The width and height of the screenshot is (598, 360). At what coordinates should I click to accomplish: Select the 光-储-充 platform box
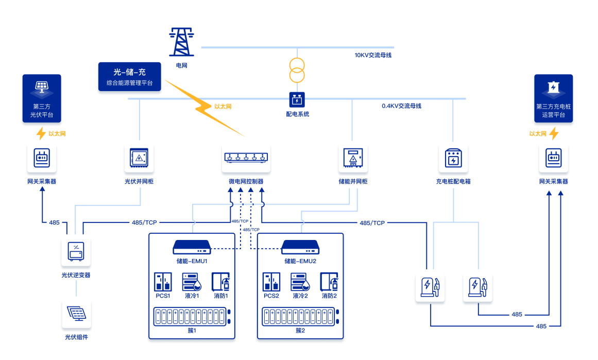tap(129, 77)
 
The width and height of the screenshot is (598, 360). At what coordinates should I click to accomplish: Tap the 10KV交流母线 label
tap(373, 55)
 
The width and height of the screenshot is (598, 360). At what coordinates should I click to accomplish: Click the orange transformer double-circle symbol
tap(297, 71)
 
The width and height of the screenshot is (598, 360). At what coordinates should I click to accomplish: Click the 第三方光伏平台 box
tap(42, 98)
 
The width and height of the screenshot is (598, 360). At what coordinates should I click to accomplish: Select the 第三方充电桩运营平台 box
tap(553, 98)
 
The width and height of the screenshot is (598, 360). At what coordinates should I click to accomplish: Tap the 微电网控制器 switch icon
tap(246, 158)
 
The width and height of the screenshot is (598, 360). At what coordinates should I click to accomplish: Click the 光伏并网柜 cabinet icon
tap(139, 158)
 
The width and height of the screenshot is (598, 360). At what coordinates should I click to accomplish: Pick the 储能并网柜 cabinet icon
tap(353, 158)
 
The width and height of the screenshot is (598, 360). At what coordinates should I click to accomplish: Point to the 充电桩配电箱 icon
tap(453, 158)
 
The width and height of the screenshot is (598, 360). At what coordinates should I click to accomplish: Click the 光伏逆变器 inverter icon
tap(76, 251)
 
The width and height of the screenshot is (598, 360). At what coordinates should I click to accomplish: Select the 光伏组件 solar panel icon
tap(76, 314)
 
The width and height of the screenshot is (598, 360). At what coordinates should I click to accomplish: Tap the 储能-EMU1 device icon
tap(192, 247)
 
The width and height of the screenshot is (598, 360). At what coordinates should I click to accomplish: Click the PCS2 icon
tap(271, 282)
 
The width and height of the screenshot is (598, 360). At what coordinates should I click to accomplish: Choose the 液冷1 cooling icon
tap(192, 282)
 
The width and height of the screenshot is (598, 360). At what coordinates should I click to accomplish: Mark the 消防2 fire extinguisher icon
tap(329, 282)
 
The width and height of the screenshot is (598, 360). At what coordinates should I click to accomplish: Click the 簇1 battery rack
tap(192, 316)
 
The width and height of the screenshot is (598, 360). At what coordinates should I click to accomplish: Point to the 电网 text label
tap(181, 65)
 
